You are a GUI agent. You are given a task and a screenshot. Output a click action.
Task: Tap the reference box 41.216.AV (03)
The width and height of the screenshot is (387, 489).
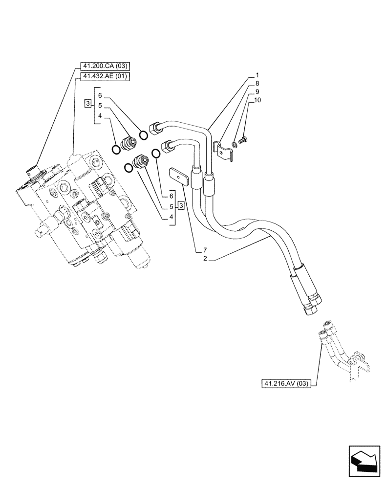[285, 384]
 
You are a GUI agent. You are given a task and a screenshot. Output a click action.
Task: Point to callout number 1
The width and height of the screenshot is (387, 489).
[257, 76]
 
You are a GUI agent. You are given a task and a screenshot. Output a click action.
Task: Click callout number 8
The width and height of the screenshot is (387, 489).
[257, 84]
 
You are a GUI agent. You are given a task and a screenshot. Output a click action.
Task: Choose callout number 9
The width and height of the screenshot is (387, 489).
[257, 91]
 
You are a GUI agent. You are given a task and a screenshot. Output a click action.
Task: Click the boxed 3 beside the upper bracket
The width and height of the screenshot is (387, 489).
[87, 104]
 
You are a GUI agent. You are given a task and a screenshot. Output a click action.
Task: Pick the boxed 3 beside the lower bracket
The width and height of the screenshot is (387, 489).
[181, 205]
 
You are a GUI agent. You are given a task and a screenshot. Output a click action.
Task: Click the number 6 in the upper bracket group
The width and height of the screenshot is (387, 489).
[100, 95]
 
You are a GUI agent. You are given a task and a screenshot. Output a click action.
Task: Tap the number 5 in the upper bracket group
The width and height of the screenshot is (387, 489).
[100, 105]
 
